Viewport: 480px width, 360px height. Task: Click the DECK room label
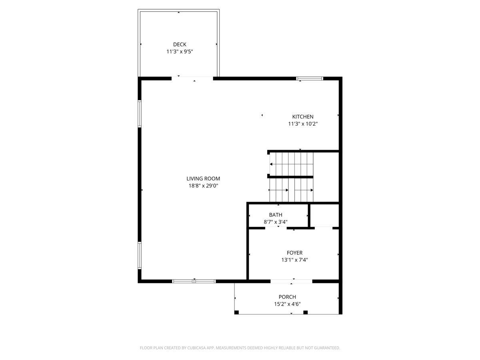click(180, 44)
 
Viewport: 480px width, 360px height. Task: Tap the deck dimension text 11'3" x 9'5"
click(180, 52)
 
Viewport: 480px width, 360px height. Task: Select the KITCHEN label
click(303, 117)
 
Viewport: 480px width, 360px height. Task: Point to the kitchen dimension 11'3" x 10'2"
click(303, 124)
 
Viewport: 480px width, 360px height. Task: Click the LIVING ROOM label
click(203, 179)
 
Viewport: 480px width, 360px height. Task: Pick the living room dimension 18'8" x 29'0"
click(203, 186)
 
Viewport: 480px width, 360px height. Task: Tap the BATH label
click(276, 215)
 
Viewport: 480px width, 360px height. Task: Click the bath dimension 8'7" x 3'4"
click(276, 222)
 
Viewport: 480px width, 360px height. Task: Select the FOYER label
click(294, 253)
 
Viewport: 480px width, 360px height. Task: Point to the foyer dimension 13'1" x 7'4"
click(294, 260)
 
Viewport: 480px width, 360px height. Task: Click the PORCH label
click(287, 297)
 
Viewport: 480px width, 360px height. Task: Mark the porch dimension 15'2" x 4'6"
click(287, 304)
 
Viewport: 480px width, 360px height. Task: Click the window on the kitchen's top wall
click(310, 79)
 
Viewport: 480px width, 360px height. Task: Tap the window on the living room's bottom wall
click(194, 281)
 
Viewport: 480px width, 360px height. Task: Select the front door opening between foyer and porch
click(292, 281)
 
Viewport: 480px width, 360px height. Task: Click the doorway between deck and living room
click(192, 78)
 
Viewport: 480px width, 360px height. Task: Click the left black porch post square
click(236, 312)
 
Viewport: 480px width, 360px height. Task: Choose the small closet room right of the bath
click(324, 216)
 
